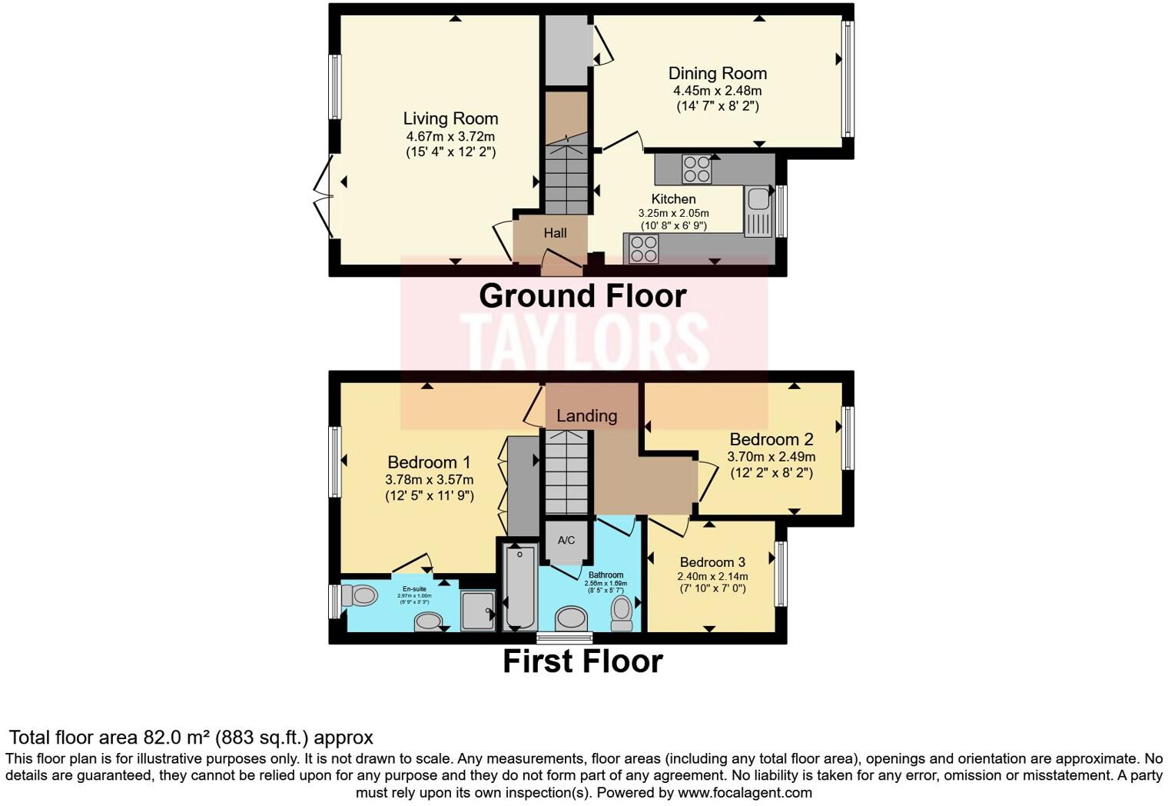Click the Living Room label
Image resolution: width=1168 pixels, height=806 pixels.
coord(450,118)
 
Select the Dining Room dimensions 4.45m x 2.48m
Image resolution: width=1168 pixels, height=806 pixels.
coord(717,91)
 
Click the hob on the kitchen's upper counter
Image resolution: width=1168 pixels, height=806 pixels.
coord(696,169)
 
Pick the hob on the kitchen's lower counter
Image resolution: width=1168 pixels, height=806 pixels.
coord(643,248)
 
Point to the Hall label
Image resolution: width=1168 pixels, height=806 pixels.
coord(555,233)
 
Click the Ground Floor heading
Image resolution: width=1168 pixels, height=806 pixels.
coord(582,296)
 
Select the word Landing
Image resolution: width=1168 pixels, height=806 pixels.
coord(586,416)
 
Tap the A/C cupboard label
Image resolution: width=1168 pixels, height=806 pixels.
coord(566,540)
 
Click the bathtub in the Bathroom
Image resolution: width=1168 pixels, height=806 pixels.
coord(521,587)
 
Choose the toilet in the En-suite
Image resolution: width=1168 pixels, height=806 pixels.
coord(359,595)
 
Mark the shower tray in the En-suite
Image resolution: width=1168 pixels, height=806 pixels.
coord(477,611)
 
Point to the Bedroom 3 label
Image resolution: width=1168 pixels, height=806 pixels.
coord(712,562)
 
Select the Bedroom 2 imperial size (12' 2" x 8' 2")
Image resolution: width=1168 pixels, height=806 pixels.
coord(771,473)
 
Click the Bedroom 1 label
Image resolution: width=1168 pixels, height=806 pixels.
coord(429,462)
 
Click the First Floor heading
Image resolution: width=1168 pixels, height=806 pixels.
coord(582,661)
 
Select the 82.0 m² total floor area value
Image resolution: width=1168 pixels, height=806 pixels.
coord(177,738)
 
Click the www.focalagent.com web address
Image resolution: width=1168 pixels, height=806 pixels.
coord(745,792)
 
